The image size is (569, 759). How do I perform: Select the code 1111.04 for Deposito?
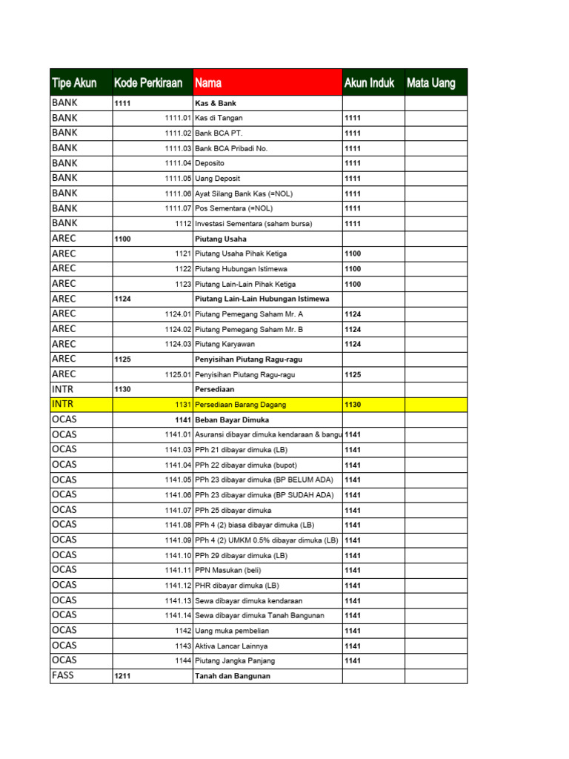tap(178, 163)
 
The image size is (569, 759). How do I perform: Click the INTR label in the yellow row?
tap(63, 404)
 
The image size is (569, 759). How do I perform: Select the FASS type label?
tap(63, 675)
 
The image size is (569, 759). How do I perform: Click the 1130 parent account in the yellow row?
tap(353, 405)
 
